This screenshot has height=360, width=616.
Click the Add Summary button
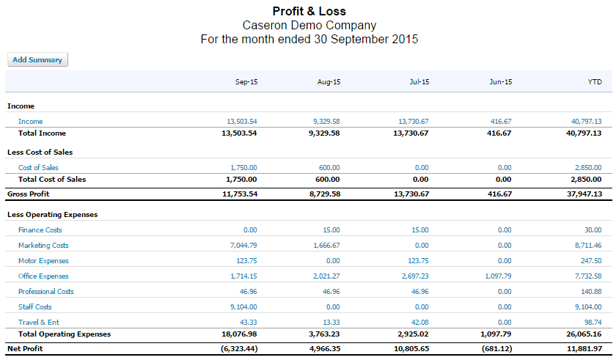pos(37,59)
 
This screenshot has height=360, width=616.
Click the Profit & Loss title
pos(309,12)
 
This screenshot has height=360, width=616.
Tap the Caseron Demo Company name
pos(309,26)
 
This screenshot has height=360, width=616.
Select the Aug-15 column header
pos(329,82)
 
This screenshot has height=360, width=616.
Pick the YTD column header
pos(595,82)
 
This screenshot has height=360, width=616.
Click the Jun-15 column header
pos(501,82)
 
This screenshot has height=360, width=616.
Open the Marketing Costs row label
pos(43,246)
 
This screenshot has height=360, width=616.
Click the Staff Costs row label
pos(35,307)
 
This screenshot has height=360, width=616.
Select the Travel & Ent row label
pos(38,323)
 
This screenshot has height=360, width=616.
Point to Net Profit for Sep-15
pos(239,348)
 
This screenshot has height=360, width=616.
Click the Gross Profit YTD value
pos(584,194)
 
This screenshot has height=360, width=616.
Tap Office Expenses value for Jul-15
pos(415,276)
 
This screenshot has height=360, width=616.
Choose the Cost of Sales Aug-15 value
pos(329,168)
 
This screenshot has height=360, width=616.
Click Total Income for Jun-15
pos(499,133)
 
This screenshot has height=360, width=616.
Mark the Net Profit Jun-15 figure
pos(497,348)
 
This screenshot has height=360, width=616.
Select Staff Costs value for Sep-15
pos(243,307)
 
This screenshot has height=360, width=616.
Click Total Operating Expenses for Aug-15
pos(324,334)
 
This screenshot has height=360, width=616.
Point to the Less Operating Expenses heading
pos(52,215)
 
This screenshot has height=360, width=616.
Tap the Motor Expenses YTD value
pos(591,261)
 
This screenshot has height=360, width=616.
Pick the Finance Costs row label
pos(40,230)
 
